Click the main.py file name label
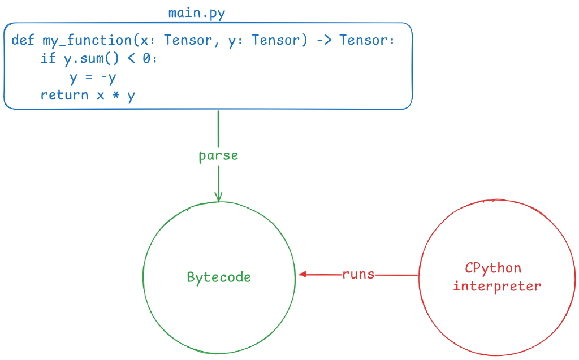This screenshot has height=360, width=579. (x=197, y=13)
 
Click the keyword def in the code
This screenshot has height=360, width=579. (x=23, y=40)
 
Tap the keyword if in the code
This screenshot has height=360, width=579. (x=48, y=58)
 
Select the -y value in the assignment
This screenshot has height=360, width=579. (x=109, y=77)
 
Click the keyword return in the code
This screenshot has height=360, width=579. (x=64, y=95)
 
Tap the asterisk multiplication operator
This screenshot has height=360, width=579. (x=116, y=96)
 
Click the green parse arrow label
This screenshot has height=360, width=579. (x=218, y=155)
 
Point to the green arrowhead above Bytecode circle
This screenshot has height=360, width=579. (x=218, y=197)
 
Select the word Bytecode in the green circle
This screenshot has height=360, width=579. (x=219, y=277)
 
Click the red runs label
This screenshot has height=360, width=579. (x=358, y=275)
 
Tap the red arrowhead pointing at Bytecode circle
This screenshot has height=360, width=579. (x=303, y=275)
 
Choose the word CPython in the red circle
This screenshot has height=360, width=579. (x=493, y=268)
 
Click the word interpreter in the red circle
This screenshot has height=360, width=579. (x=497, y=286)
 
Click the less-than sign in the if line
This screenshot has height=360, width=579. (x=131, y=58)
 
